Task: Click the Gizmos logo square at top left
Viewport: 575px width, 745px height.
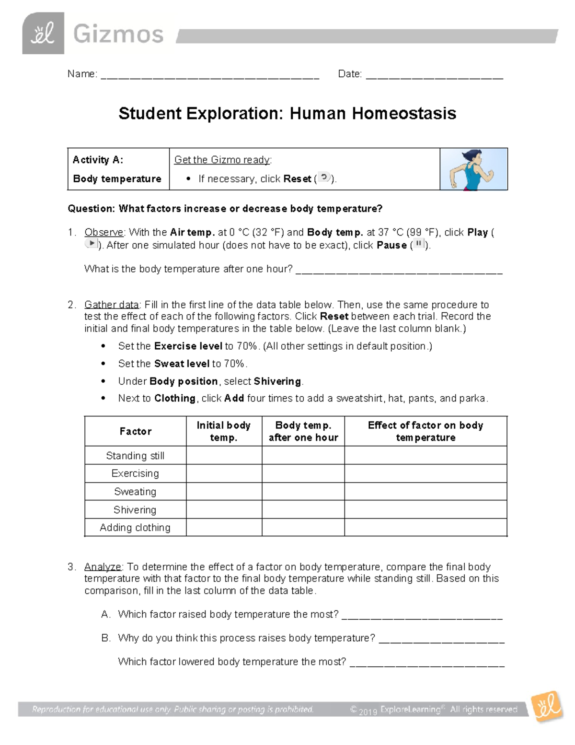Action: [43, 34]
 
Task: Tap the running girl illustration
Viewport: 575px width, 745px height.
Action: [473, 169]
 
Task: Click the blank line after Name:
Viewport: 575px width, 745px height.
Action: [209, 76]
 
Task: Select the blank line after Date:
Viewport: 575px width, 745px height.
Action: [434, 76]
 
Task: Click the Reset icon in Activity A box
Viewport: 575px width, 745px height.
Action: [324, 177]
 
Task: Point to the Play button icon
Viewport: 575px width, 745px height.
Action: [91, 244]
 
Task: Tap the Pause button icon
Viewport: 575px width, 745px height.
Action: [419, 244]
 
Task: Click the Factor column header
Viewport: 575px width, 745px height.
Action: [135, 431]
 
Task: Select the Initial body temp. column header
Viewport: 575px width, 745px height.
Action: [224, 431]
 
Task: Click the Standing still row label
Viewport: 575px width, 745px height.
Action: [135, 455]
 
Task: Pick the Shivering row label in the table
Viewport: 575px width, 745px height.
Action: [135, 509]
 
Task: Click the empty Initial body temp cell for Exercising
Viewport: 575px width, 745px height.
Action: [224, 473]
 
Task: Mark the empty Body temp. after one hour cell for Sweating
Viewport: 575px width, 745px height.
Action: [303, 492]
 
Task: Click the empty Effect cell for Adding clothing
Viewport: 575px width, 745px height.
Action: [425, 527]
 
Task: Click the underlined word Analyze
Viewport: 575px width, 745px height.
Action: [103, 567]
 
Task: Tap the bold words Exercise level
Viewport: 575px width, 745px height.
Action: [188, 346]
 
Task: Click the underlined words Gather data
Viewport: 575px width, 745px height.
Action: [111, 305]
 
